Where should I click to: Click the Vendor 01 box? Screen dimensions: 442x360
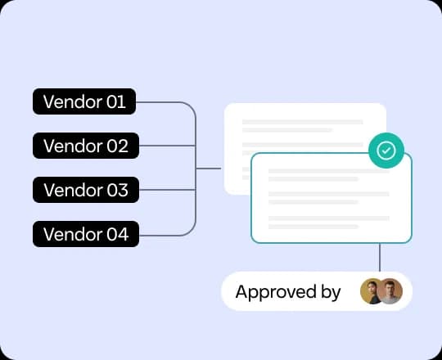click(x=84, y=101)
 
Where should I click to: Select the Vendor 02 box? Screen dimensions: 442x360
click(x=86, y=146)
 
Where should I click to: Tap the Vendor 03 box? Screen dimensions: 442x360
click(x=86, y=190)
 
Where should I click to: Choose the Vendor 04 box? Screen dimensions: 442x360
click(x=86, y=234)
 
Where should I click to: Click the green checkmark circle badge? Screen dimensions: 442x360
click(x=386, y=151)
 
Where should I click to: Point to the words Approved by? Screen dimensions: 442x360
click(x=288, y=292)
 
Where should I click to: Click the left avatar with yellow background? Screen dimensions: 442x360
click(x=372, y=291)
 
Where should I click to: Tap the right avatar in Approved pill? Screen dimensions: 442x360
click(x=390, y=291)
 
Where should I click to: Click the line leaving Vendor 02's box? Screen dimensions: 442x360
click(x=168, y=146)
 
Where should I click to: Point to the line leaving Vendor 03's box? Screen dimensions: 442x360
click(x=168, y=190)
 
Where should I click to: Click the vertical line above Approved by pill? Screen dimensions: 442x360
click(x=380, y=257)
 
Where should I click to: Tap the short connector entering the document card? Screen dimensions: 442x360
click(x=209, y=169)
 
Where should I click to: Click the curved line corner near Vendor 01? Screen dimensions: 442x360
click(x=191, y=106)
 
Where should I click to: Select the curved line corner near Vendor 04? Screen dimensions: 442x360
click(x=191, y=231)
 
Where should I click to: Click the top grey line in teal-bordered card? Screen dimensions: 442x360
click(x=329, y=171)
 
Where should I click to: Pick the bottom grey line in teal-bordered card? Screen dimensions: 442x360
click(x=313, y=227)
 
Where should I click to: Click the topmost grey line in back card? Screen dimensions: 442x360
click(x=303, y=122)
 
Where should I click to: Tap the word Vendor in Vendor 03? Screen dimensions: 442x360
click(x=72, y=190)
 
